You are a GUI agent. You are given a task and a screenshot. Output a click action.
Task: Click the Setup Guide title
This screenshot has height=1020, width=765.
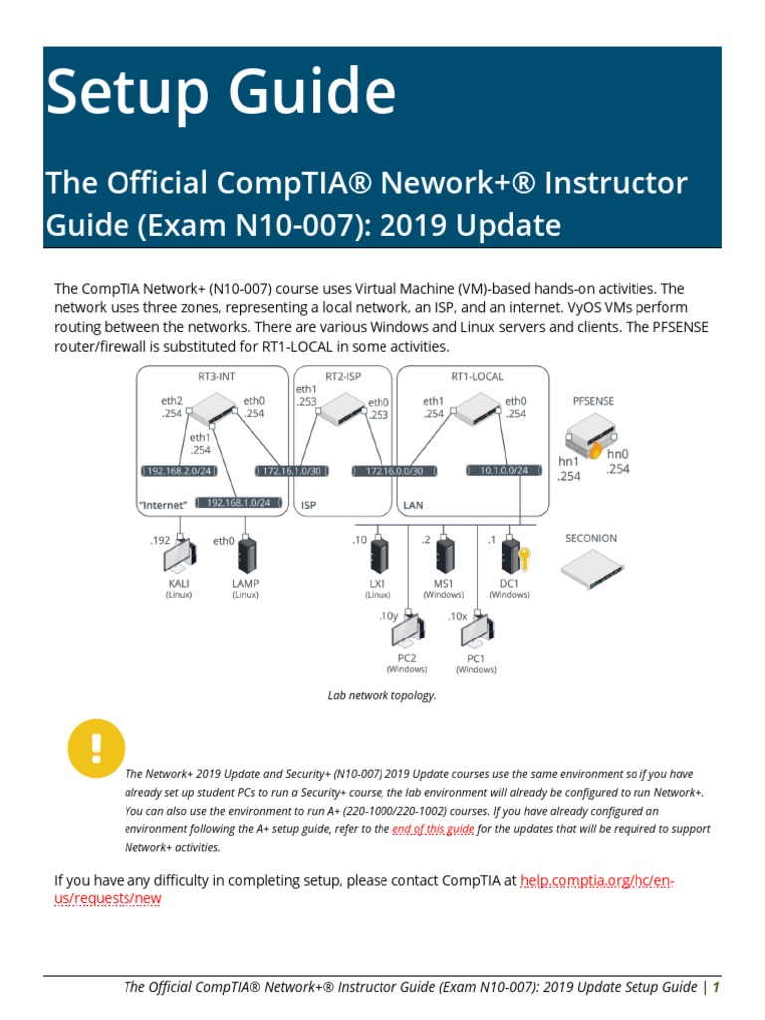(220, 92)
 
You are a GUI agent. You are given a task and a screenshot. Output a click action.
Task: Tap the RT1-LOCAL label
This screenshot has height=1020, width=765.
(477, 376)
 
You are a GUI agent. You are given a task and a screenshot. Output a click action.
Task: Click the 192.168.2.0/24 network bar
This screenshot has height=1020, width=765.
(178, 471)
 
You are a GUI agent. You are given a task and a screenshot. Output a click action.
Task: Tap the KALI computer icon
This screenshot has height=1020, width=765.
(180, 555)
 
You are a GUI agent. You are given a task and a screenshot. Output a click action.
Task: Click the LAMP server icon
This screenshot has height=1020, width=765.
(245, 555)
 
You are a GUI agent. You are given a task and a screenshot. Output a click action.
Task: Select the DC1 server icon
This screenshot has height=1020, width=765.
(511, 555)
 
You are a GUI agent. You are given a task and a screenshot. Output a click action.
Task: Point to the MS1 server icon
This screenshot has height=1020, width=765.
(444, 555)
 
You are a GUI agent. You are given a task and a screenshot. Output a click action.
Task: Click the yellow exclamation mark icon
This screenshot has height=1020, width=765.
(97, 749)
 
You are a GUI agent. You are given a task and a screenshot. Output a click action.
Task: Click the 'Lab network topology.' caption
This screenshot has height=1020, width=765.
(382, 695)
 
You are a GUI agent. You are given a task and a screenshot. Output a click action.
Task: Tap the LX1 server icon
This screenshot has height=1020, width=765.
(378, 555)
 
